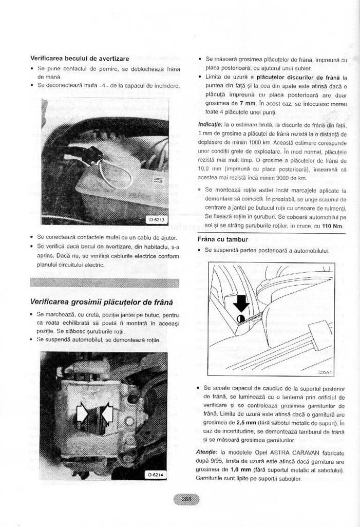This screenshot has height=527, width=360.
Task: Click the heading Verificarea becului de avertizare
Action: [x=80, y=59]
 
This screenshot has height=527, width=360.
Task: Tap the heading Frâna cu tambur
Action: [x=223, y=239]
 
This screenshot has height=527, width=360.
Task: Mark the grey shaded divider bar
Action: [x=105, y=282]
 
